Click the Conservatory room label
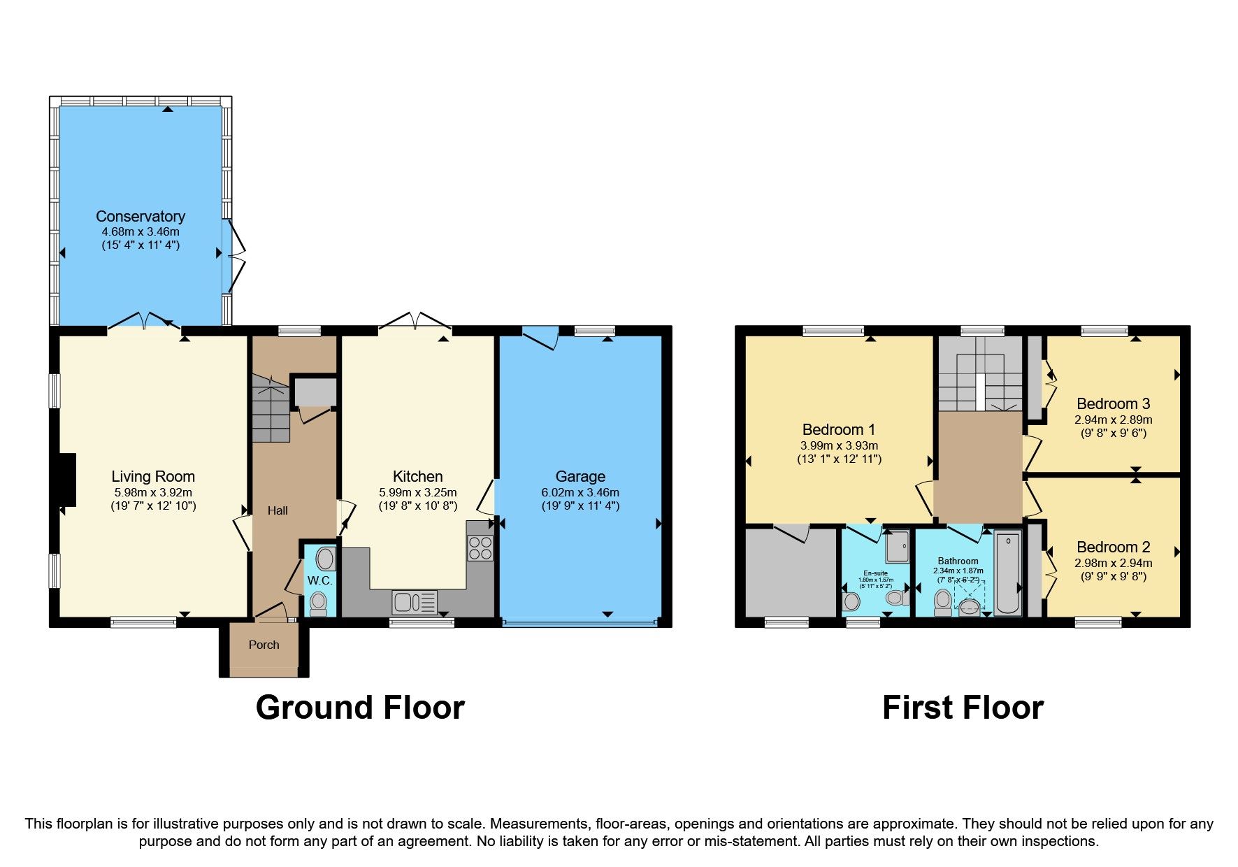point(141,216)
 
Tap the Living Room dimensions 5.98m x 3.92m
point(153,492)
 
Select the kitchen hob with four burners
point(480,547)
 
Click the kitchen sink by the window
point(414,602)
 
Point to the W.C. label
point(320,580)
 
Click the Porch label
point(264,645)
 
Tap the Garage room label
point(580,476)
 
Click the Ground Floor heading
point(360,707)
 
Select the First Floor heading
point(963,707)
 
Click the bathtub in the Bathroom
point(1008,573)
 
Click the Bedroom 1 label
point(839,429)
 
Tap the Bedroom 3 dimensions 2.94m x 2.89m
point(1113,420)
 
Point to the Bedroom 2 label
point(1113,547)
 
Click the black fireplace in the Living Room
point(67,480)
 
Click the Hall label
point(278,510)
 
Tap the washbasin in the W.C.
point(326,559)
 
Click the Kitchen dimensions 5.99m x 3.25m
point(418,492)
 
